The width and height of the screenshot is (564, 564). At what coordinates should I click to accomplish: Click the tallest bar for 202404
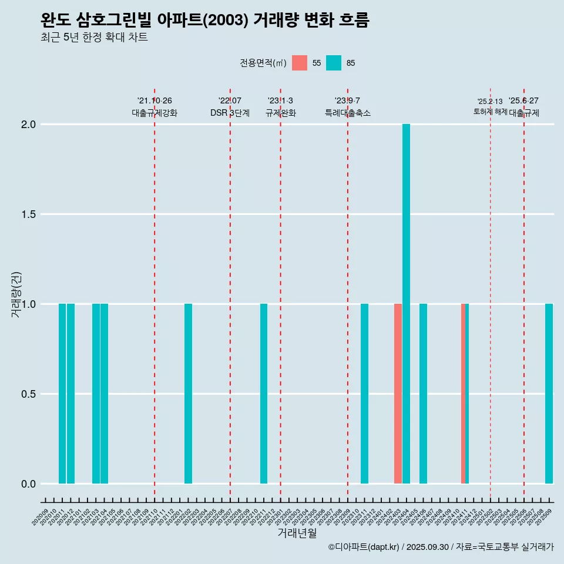[x=406, y=304]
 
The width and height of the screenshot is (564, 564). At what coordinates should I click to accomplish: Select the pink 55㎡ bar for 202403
[x=398, y=394]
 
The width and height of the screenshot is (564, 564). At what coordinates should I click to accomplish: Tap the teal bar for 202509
[x=549, y=394]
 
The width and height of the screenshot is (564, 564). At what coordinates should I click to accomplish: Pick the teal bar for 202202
[x=188, y=394]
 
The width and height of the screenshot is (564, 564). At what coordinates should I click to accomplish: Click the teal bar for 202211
[x=264, y=394]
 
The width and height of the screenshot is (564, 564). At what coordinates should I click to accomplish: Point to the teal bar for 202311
[x=364, y=394]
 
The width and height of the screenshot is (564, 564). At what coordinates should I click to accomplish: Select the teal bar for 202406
[x=423, y=394]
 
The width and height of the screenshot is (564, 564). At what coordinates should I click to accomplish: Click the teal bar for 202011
[x=62, y=394]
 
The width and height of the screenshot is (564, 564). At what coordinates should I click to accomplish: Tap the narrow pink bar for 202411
[x=463, y=394]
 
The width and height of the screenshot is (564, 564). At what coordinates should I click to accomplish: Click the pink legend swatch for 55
[x=300, y=63]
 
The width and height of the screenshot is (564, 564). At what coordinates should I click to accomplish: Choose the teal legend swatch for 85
[x=334, y=63]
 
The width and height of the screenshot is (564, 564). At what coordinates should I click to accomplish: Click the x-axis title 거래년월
[x=297, y=533]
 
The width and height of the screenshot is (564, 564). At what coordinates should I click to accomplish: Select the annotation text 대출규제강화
[x=155, y=113]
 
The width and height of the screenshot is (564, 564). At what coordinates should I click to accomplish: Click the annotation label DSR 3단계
[x=230, y=113]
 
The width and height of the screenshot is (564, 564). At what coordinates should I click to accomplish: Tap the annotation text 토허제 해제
[x=490, y=112]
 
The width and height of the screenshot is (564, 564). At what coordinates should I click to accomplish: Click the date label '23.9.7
[x=347, y=101]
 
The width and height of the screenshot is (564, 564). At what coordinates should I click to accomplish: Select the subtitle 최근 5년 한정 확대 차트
[x=94, y=38]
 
